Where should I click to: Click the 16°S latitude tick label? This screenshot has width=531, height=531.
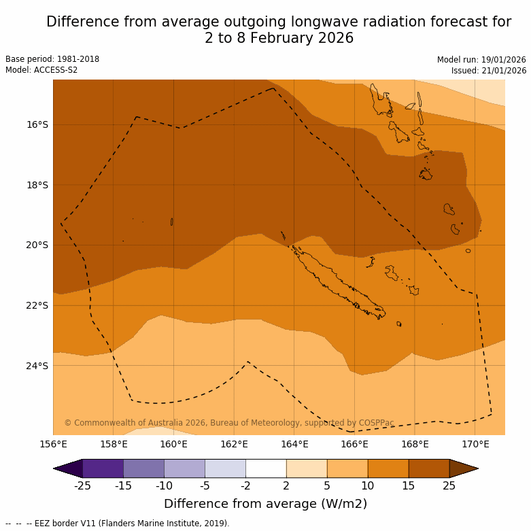(x=37, y=124)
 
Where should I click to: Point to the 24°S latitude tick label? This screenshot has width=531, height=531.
(x=37, y=366)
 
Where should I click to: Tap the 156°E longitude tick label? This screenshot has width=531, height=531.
(x=53, y=445)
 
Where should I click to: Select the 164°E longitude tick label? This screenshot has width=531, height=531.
(x=294, y=445)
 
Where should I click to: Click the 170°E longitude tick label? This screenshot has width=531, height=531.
(x=475, y=445)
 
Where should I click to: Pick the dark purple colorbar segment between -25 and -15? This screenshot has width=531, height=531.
(x=103, y=468)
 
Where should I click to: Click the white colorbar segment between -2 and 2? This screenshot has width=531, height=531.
(x=266, y=468)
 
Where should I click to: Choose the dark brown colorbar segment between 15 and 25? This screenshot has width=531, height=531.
(x=429, y=468)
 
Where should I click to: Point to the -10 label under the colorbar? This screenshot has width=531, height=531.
(x=164, y=485)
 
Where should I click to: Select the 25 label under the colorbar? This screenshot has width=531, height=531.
(x=449, y=485)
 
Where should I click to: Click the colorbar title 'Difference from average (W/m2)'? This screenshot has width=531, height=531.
(x=265, y=504)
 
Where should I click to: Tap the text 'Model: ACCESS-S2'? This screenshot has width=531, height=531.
(x=41, y=70)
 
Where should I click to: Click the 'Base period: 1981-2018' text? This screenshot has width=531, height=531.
(x=52, y=59)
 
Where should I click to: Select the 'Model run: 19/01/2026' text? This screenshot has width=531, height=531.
(x=481, y=60)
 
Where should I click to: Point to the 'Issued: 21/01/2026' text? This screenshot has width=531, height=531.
(x=489, y=71)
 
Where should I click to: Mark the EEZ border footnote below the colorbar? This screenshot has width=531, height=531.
(x=118, y=524)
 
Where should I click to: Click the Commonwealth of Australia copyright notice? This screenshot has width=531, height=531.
(x=229, y=423)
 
